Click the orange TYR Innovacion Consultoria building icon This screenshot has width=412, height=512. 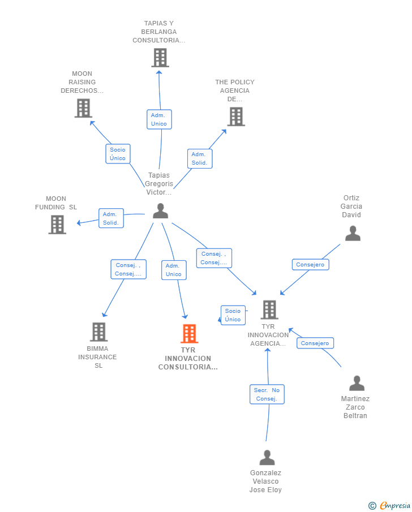coord(189,333)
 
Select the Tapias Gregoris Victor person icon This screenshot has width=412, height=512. coord(160,210)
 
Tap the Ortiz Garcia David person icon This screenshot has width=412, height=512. coord(353,233)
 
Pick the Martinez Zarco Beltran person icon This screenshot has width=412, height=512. coord(357,383)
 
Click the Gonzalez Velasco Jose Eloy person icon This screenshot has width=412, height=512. coord(267,457)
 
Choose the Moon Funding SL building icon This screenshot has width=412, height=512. coord(57,225)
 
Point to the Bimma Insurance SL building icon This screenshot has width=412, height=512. coord(98,332)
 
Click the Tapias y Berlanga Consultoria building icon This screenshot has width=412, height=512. coord(160,58)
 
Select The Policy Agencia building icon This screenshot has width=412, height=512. coord(236,117)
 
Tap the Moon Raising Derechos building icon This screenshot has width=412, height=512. coord(83,108)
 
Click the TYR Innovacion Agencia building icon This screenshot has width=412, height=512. coord(269,309)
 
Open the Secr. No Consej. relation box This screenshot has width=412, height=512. coord(267,394)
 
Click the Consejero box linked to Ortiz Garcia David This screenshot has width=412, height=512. coord(310,265)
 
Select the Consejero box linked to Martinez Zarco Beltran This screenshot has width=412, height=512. coord(315,343)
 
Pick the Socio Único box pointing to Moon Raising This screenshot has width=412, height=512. coord(118,154)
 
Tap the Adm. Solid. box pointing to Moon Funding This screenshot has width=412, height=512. coord(111,218)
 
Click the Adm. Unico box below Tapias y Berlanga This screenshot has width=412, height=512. coord(159,119)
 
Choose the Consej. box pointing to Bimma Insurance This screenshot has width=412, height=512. coord(128,269)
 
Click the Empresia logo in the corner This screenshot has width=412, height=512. coord(389,505)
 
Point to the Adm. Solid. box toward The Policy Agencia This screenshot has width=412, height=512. coord(200,159)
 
